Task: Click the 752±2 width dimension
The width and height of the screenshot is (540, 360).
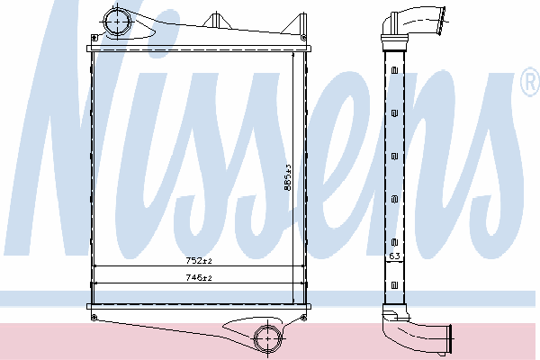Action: point(199,261)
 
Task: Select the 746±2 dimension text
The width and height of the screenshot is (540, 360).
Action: point(199,277)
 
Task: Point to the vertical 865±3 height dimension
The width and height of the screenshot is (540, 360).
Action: point(288,177)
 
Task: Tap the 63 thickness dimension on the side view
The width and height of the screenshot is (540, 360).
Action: point(394,256)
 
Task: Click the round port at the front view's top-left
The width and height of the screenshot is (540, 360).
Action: point(117,22)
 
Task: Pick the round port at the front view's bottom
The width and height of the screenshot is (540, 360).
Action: point(268,338)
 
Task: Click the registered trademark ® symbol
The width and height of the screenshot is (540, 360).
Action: point(531,82)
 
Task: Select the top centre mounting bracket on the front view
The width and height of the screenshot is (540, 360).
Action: point(216,20)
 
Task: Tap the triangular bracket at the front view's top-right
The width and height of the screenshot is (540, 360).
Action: point(295,23)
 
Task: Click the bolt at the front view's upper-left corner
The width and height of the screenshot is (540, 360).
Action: point(94,37)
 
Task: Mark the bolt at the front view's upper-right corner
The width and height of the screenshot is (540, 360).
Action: point(303,38)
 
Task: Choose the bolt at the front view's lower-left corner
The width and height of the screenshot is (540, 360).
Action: point(94,318)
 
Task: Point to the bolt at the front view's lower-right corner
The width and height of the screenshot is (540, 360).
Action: point(303,318)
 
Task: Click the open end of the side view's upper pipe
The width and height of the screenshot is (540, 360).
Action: point(441,21)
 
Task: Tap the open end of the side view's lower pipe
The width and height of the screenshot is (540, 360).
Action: point(449,338)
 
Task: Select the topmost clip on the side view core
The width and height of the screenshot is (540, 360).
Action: point(395,70)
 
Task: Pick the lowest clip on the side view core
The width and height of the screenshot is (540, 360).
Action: point(395,285)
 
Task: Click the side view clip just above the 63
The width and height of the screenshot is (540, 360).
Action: point(395,242)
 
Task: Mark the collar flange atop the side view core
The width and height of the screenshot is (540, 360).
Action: point(395,37)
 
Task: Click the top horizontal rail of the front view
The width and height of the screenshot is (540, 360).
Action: point(199,49)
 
